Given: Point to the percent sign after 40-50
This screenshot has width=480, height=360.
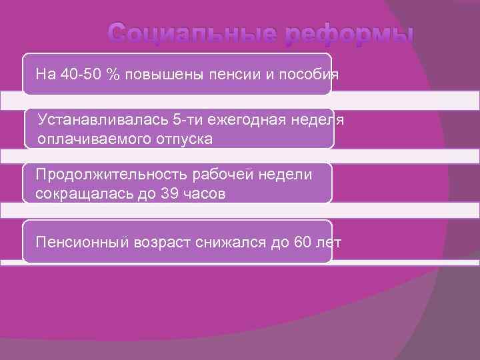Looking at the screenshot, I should click(113, 74).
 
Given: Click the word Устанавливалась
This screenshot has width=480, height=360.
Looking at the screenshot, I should click(103, 120).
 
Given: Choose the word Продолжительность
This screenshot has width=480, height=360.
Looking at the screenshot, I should click(111, 175).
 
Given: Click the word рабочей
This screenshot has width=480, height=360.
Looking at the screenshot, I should click(223, 175).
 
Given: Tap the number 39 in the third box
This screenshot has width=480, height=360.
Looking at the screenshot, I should click(169, 193).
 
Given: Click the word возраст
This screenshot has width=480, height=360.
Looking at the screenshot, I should click(160, 241).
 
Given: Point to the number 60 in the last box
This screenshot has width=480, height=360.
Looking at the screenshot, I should click(301, 241).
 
